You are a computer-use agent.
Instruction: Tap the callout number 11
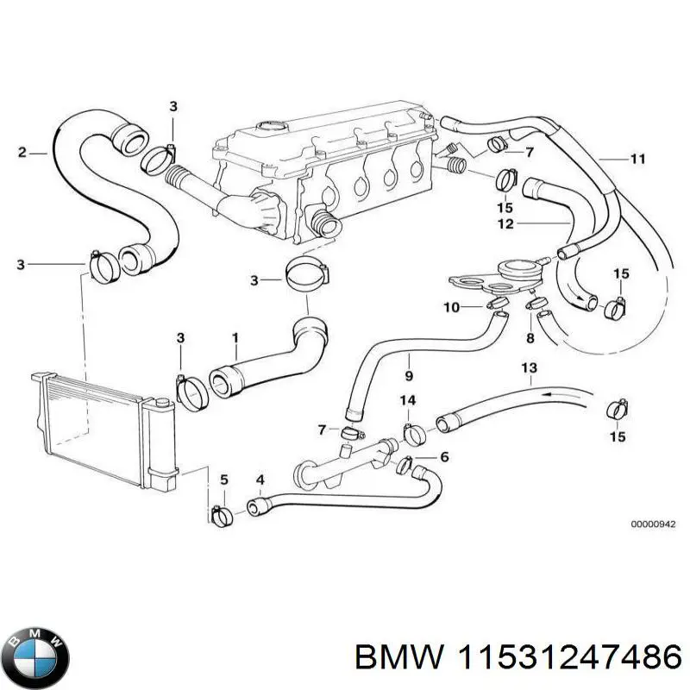pyautogui.click(x=637, y=159)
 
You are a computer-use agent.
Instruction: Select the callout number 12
pyautogui.click(x=505, y=223)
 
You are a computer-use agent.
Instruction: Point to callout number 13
pyautogui.click(x=529, y=368)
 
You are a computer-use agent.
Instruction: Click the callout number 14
pyautogui.click(x=409, y=400)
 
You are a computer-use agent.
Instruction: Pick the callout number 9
pyautogui.click(x=409, y=376)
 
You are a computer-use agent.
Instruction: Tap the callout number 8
pyautogui.click(x=530, y=340)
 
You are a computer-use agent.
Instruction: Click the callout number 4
pyautogui.click(x=260, y=479)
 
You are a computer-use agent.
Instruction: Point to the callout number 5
pyautogui.click(x=223, y=479)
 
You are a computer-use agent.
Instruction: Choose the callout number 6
pyautogui.click(x=444, y=457)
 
